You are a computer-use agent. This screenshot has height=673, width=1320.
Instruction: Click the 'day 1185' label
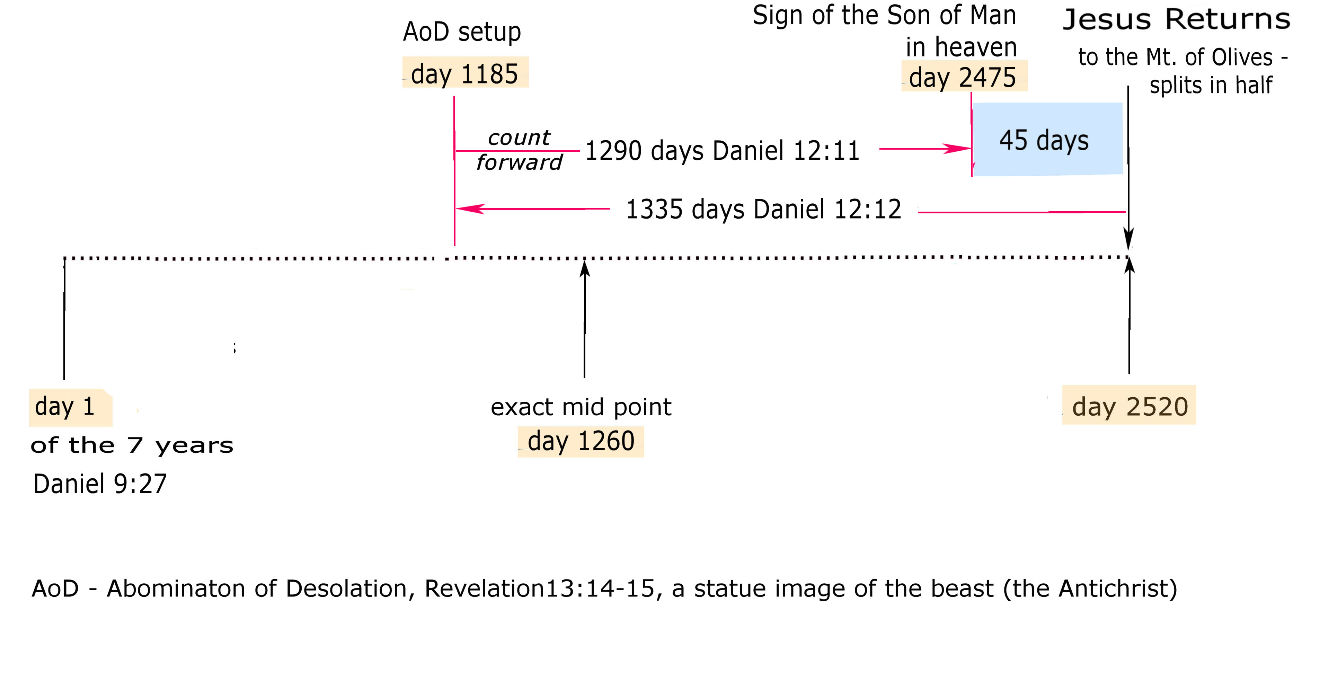465,73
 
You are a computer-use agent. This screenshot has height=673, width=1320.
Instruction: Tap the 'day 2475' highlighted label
963,77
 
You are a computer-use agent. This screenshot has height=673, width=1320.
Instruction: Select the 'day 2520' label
1129,406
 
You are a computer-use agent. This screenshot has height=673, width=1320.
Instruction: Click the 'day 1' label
65,406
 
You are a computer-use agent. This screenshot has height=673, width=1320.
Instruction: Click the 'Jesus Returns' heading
1176,19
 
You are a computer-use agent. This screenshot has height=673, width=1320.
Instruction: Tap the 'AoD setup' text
462,32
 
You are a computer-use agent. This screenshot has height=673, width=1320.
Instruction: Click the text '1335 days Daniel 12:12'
763,209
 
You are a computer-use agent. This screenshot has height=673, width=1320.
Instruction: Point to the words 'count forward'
519,150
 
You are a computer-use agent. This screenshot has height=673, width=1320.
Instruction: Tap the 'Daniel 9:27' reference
100,483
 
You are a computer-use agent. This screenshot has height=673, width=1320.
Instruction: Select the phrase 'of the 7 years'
132,445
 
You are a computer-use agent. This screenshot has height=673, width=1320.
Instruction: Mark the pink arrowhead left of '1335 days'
469,209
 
